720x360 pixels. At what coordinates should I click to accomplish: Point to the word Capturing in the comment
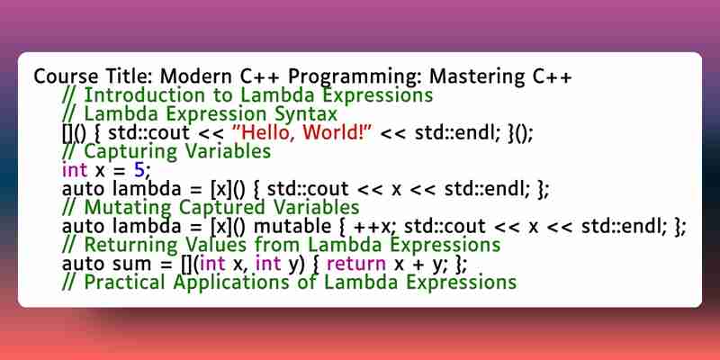pos(128,151)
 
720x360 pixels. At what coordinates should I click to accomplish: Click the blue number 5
pos(139,170)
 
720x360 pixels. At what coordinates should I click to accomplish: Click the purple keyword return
pos(355,264)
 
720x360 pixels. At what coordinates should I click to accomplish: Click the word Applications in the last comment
pos(229,283)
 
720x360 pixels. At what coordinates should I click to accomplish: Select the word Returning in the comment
pos(130,245)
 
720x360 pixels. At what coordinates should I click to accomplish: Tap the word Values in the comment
pos(214,245)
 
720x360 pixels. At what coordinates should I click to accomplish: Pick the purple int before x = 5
pos(75,170)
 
